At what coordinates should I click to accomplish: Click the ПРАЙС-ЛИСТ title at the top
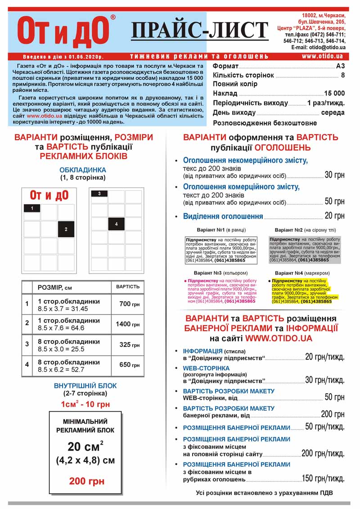pos(199,30)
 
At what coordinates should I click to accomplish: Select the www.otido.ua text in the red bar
pos(322,56)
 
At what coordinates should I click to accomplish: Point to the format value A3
pos(340,66)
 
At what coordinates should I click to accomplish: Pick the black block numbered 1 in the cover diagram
pos(32,208)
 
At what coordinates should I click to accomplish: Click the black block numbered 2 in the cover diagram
pos(66,229)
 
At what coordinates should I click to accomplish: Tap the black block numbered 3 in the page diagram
pos(99,194)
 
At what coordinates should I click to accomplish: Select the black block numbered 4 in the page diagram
pos(116,224)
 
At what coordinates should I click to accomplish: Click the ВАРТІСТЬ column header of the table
pos(127,287)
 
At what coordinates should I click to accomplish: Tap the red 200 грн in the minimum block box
pos(86,481)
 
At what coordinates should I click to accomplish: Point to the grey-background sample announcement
pos(305,249)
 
